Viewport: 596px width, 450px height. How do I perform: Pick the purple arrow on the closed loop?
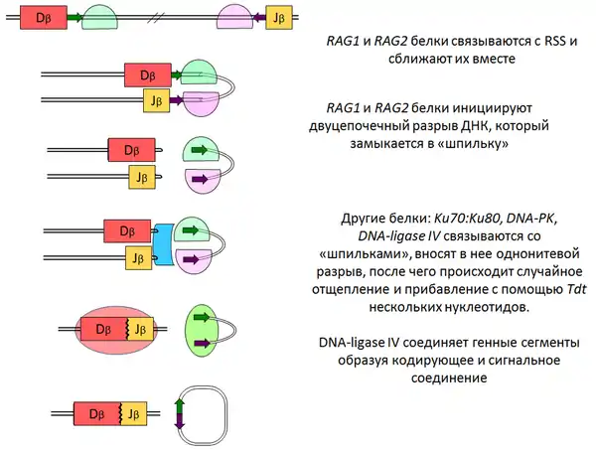click(x=180, y=421)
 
